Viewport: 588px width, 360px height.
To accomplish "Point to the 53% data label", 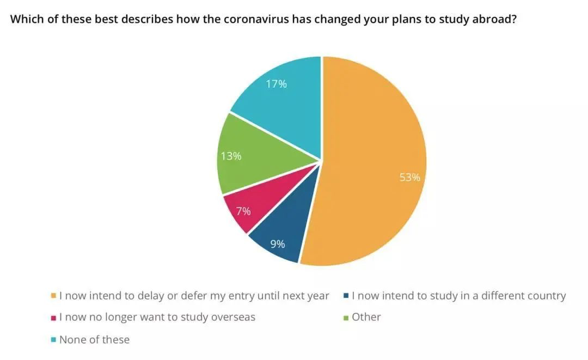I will click(410, 178).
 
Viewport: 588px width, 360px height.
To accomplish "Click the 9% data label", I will click(278, 244).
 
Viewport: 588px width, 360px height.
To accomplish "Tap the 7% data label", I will click(243, 211).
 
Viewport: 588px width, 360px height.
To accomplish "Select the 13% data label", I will click(231, 156).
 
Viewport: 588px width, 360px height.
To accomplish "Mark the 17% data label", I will click(277, 84).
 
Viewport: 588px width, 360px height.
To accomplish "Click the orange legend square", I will click(53, 296).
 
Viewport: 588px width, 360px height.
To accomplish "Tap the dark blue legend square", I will click(346, 296).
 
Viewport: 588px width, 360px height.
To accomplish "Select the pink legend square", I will click(53, 318).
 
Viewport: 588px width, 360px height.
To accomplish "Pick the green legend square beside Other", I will click(346, 318).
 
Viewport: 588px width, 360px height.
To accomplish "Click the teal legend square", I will click(53, 340).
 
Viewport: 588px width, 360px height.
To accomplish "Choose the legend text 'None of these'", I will click(94, 339).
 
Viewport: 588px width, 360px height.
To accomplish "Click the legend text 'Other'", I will click(366, 317).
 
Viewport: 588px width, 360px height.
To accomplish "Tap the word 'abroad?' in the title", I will click(494, 19).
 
